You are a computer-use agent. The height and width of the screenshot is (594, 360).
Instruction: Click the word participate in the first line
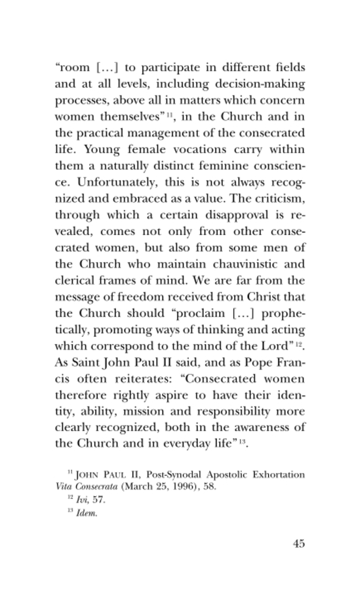[x=165, y=67]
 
